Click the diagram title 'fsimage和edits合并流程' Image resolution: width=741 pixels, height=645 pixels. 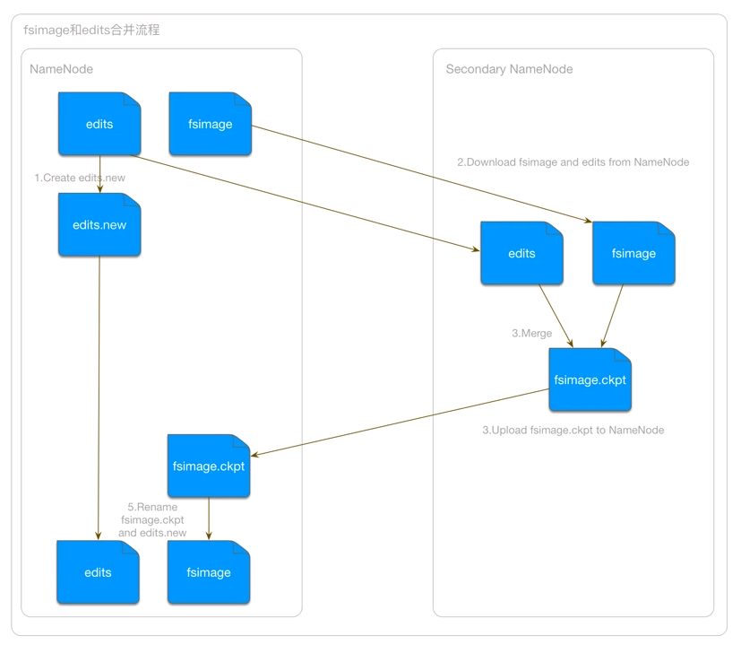(91, 31)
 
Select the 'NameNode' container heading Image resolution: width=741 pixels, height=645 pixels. (61, 69)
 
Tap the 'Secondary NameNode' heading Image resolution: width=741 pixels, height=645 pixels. (509, 69)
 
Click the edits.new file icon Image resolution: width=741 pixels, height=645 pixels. (99, 225)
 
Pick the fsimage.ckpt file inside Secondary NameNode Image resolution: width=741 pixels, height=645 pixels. (590, 379)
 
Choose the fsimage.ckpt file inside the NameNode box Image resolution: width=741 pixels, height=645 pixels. (208, 466)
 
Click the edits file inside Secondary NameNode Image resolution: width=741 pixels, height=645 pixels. (521, 254)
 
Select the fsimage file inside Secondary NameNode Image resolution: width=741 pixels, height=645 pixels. (633, 254)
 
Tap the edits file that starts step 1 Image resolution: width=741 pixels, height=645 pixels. (99, 124)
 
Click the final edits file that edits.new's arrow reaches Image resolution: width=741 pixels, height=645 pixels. (98, 572)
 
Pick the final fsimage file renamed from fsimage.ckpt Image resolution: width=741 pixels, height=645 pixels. (209, 572)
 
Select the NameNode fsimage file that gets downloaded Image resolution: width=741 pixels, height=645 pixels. (211, 124)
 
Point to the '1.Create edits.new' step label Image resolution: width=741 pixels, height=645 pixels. (80, 178)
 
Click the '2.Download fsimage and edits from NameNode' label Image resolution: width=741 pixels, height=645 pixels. (573, 162)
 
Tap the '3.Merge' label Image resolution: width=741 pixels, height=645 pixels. (531, 333)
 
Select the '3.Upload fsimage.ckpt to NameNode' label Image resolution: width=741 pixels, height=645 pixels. (573, 430)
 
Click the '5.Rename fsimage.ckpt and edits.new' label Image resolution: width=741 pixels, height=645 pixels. (152, 519)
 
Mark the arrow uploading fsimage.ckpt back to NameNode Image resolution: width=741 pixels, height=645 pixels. (399, 423)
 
